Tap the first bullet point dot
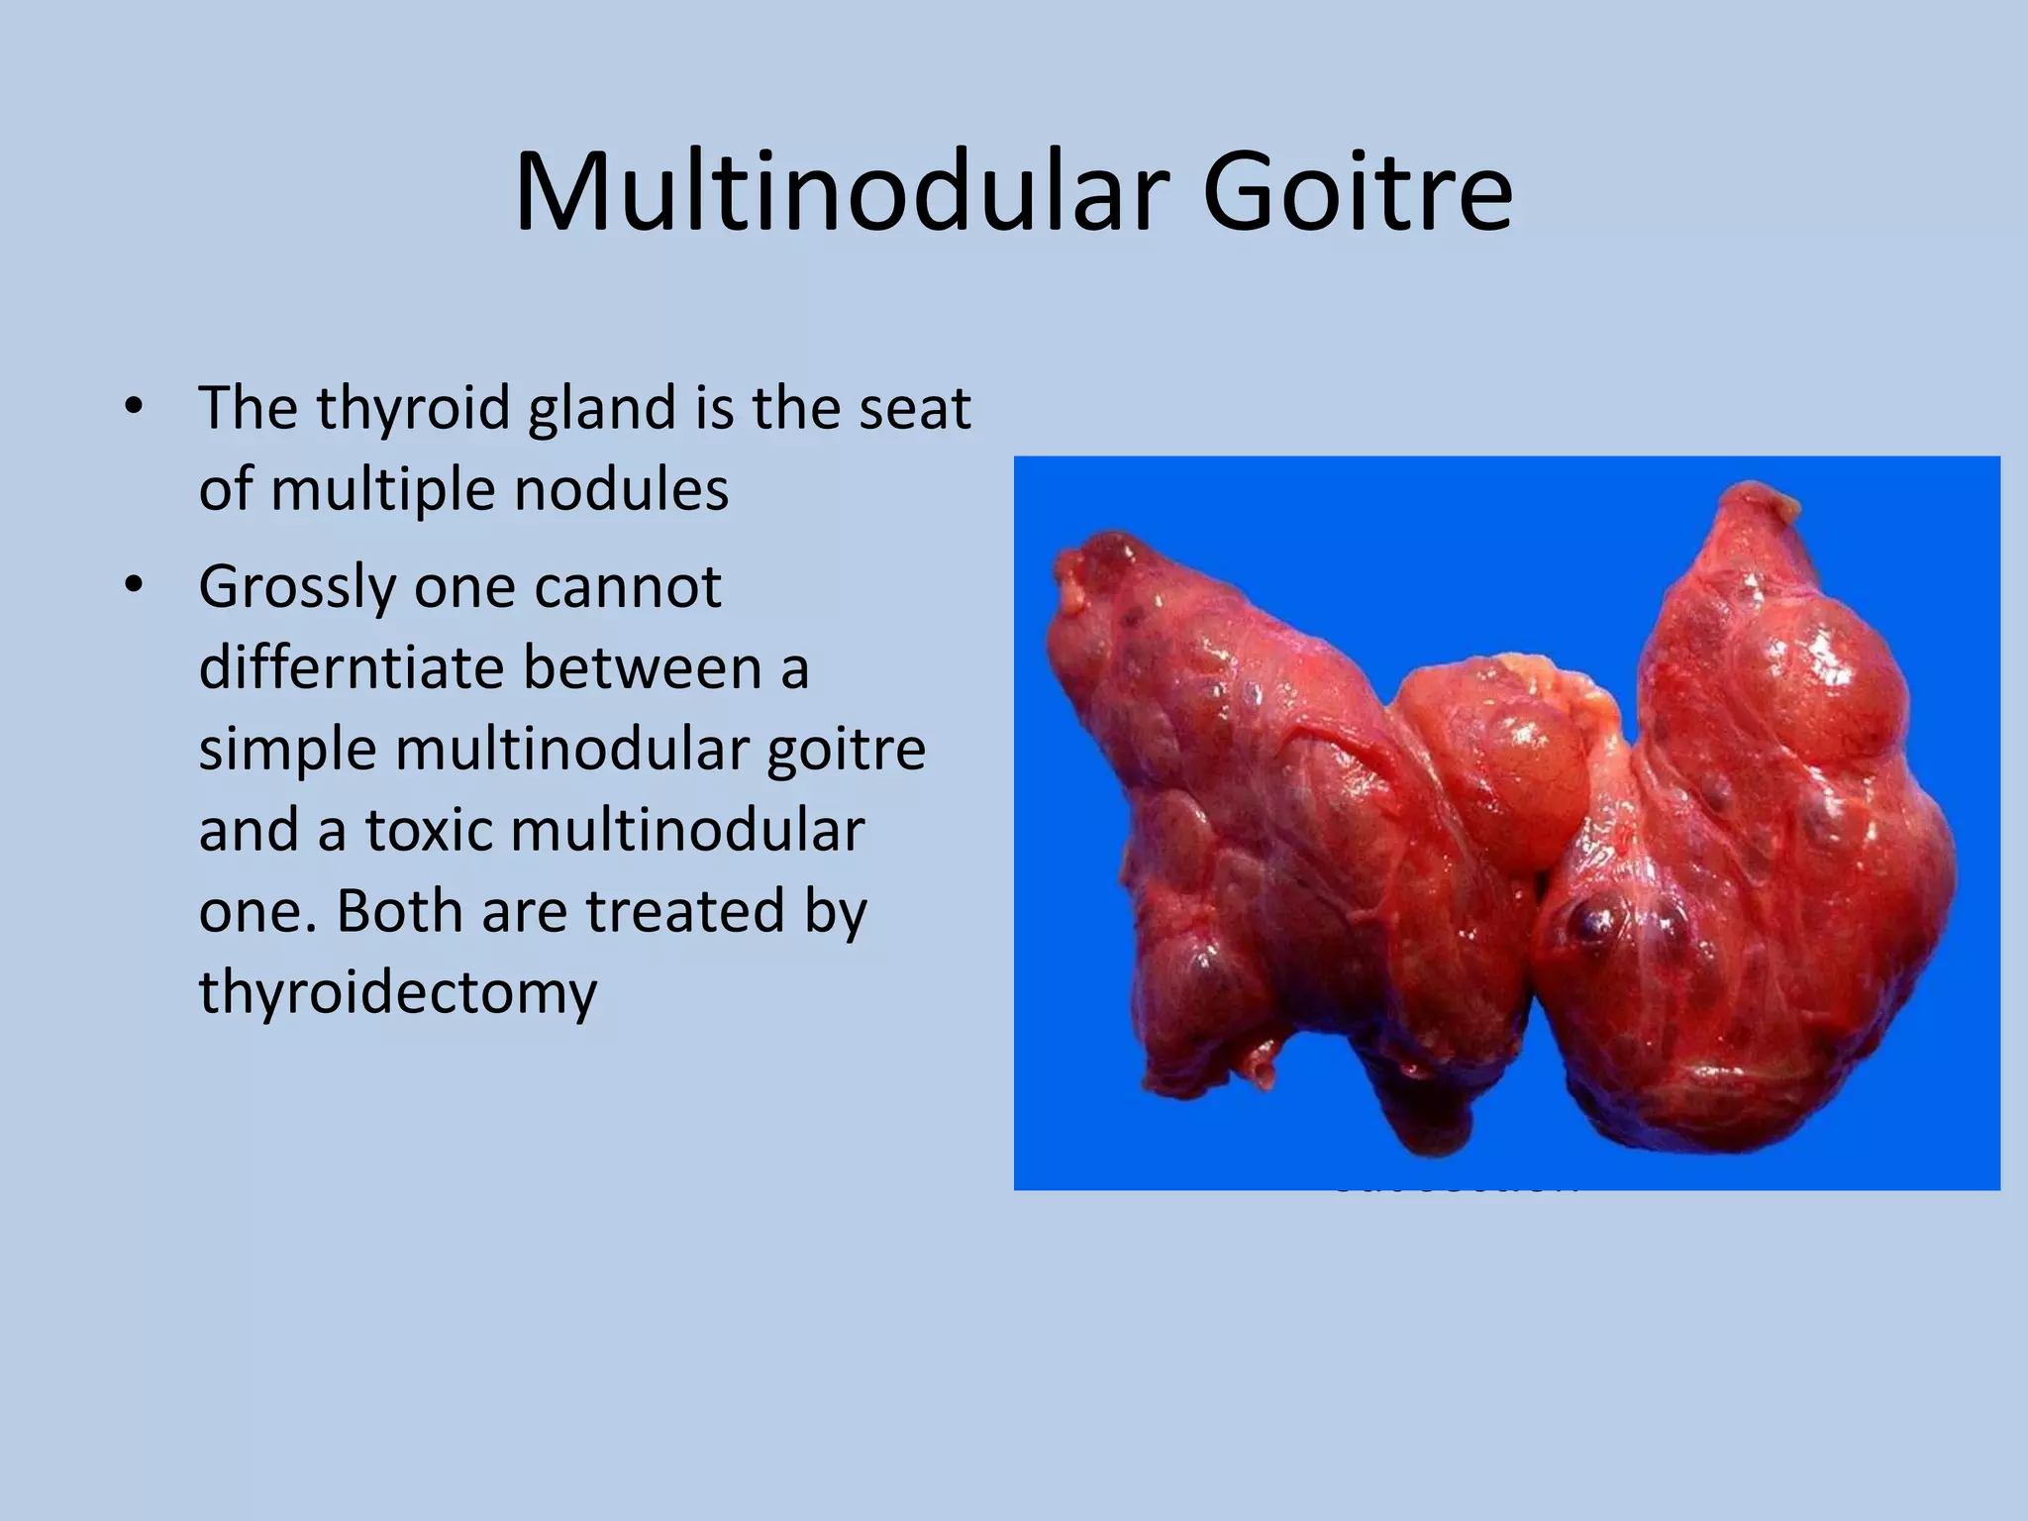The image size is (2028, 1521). (x=134, y=408)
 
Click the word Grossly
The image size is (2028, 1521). (x=296, y=587)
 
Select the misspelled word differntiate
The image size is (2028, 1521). (x=351, y=667)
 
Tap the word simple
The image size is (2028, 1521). (x=287, y=749)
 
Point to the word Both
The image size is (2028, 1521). (x=401, y=910)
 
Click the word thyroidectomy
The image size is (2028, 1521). (x=398, y=991)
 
